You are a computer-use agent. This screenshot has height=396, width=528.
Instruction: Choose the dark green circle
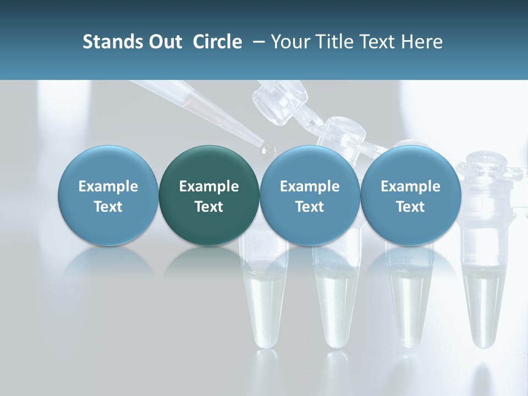coord(209,195)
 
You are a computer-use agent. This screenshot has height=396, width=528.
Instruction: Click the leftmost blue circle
coord(108,195)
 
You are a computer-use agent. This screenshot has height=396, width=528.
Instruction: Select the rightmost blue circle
coord(411,195)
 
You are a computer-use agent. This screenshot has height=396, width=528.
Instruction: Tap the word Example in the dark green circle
coord(209,186)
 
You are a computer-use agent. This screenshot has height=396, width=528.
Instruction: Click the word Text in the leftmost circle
coord(108,207)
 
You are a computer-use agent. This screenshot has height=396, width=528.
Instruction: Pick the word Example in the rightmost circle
coord(411,186)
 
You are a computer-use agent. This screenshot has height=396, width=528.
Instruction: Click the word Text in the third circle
coord(310,207)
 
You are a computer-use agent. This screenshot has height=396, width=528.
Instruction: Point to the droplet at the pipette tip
coord(268,148)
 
